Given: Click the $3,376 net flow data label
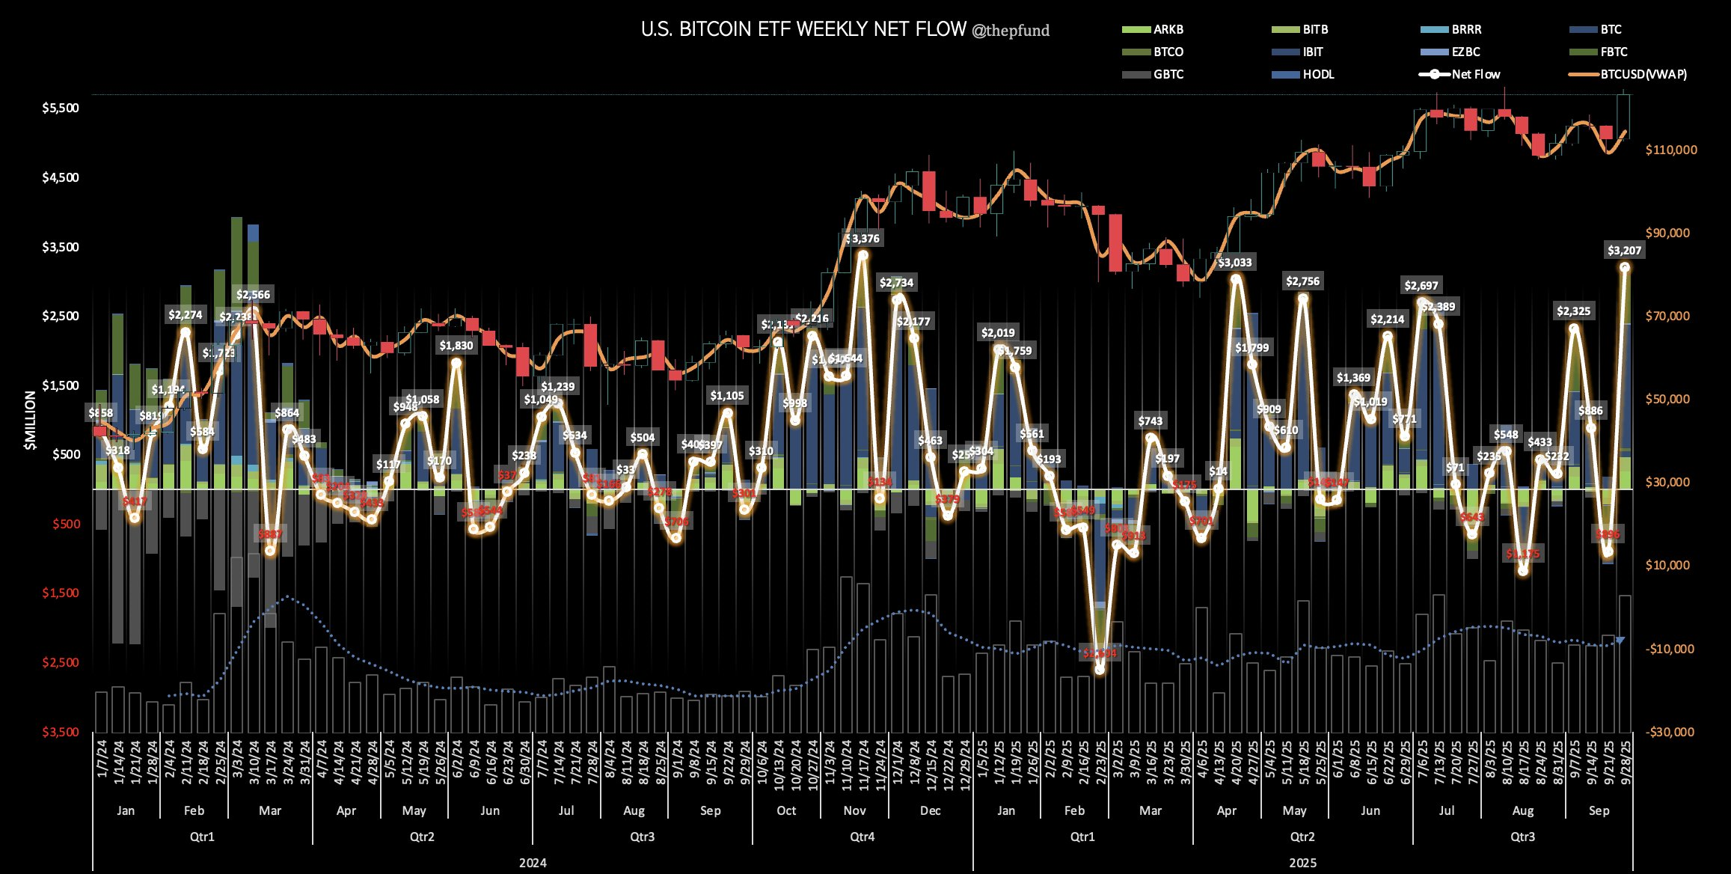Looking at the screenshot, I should tap(862, 239).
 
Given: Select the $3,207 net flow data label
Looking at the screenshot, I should tap(1624, 251).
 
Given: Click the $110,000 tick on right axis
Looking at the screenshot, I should tap(1671, 150).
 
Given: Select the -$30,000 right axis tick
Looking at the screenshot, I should tap(1670, 732).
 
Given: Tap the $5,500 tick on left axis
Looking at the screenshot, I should tap(61, 108).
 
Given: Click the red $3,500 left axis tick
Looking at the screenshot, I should tap(61, 732).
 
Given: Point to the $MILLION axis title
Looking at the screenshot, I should tap(30, 421).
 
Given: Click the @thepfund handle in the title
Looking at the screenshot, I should tap(1010, 31).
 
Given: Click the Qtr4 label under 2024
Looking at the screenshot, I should tap(862, 837).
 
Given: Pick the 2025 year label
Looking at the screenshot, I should tap(1302, 863).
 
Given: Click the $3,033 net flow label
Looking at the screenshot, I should tap(1234, 263).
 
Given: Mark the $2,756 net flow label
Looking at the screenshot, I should tap(1302, 281).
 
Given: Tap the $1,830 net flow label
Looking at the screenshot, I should tap(456, 346).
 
